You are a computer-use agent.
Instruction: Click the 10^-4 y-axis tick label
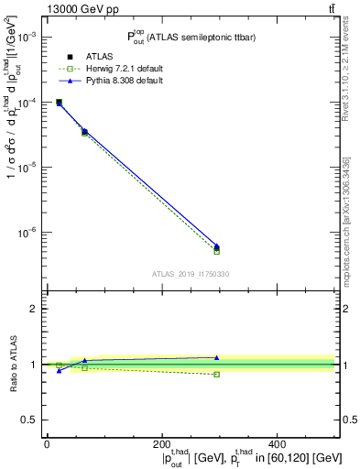(x=26, y=102)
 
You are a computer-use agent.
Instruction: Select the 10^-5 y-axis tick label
(x=26, y=167)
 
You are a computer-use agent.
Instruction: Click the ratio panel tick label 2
(x=33, y=309)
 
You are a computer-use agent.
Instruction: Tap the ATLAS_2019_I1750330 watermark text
(x=190, y=274)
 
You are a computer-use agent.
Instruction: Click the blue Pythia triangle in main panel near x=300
(x=216, y=245)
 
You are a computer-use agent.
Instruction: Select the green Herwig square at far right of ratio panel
(x=216, y=375)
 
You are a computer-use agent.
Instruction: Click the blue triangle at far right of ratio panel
(x=216, y=357)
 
